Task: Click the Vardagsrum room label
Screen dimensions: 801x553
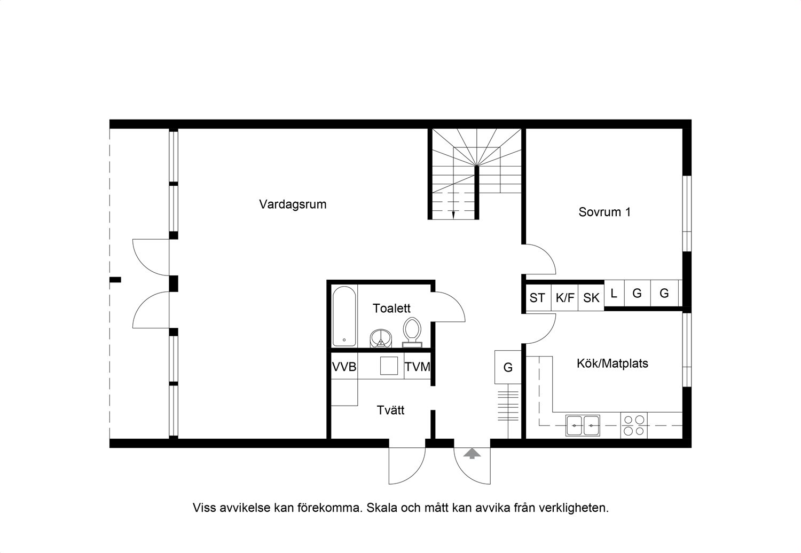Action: pyautogui.click(x=293, y=204)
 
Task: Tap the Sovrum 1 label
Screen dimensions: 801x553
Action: pyautogui.click(x=604, y=212)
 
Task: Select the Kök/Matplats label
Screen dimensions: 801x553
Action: pyautogui.click(x=612, y=364)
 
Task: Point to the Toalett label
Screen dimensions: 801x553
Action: pyautogui.click(x=391, y=308)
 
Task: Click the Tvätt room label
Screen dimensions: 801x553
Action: pyautogui.click(x=390, y=410)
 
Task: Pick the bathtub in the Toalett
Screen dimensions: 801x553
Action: pyautogui.click(x=344, y=317)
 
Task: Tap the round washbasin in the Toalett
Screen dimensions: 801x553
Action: pyautogui.click(x=381, y=338)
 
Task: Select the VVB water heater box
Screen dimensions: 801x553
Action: pyautogui.click(x=344, y=366)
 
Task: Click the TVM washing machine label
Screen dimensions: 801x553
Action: pyautogui.click(x=417, y=367)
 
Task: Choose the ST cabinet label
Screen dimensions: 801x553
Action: pyautogui.click(x=537, y=298)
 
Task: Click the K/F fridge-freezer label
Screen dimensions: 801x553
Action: pyautogui.click(x=565, y=298)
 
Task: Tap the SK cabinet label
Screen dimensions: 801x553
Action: pyautogui.click(x=591, y=298)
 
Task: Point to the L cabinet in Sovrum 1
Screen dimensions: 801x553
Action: pyautogui.click(x=614, y=293)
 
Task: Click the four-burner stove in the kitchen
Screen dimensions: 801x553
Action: pyautogui.click(x=634, y=425)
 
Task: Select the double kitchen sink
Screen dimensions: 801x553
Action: pyautogui.click(x=583, y=425)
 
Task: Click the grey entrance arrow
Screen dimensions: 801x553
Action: pyautogui.click(x=472, y=453)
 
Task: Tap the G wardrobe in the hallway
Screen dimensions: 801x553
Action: pyautogui.click(x=508, y=367)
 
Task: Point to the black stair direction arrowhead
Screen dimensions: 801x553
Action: pyautogui.click(x=453, y=215)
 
